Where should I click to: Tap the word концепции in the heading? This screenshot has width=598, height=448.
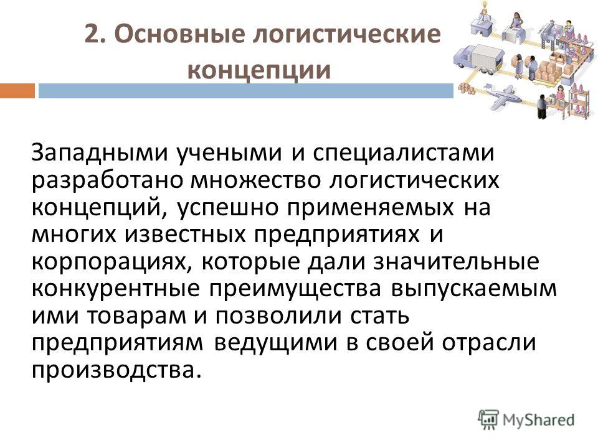pyautogui.click(x=259, y=70)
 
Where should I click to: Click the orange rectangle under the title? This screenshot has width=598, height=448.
pyautogui.click(x=17, y=91)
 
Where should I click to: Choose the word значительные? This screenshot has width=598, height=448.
pyautogui.click(x=456, y=262)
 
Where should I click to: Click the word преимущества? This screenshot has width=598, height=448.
pyautogui.click(x=295, y=289)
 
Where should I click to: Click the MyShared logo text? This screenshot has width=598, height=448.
pyautogui.click(x=538, y=420)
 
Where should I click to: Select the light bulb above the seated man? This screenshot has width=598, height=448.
pyautogui.click(x=485, y=5)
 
